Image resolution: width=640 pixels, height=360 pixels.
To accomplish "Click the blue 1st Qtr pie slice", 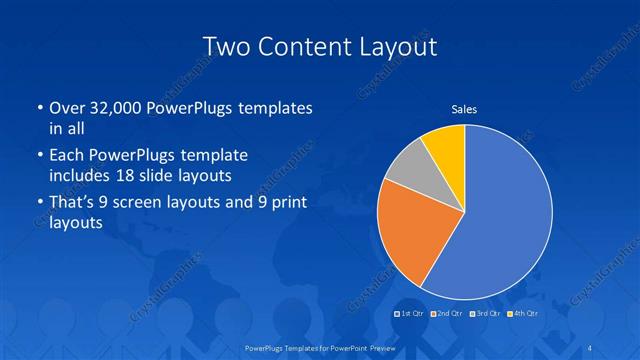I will (x=505, y=215).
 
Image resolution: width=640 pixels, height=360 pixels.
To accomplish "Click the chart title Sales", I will (x=464, y=108).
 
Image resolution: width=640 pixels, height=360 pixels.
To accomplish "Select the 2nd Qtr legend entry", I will (x=447, y=313).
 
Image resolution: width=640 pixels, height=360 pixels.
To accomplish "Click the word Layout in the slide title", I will (x=399, y=46).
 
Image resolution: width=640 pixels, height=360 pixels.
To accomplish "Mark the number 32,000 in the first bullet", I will (x=109, y=108).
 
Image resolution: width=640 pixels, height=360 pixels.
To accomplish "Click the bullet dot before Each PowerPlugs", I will (x=38, y=157).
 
